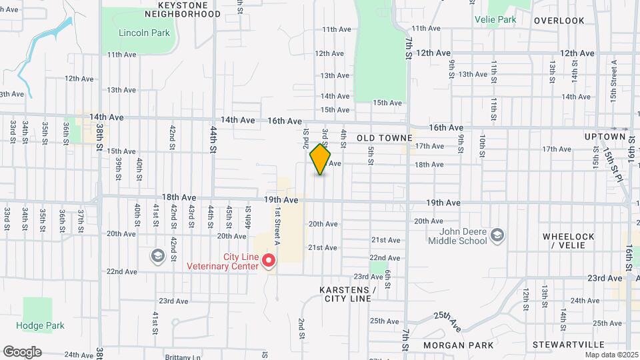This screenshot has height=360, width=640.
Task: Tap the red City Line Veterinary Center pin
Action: coord(269,261)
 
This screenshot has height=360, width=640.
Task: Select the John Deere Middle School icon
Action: coord(497,235)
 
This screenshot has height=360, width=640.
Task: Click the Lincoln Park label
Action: coord(144,33)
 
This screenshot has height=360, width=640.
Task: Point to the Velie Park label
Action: coord(495,20)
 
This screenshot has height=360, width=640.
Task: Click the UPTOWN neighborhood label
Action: coord(604,137)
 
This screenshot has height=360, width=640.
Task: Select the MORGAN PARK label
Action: coord(458,345)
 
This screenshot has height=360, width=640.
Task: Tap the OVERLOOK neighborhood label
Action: coord(559,21)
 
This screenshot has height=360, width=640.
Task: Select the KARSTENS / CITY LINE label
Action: coord(347,294)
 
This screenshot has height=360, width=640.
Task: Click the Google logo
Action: coord(22,352)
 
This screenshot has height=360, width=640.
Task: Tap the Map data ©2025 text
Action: coord(611,355)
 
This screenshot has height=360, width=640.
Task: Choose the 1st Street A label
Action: coord(276,226)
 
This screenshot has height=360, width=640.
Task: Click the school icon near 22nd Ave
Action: coord(157,255)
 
